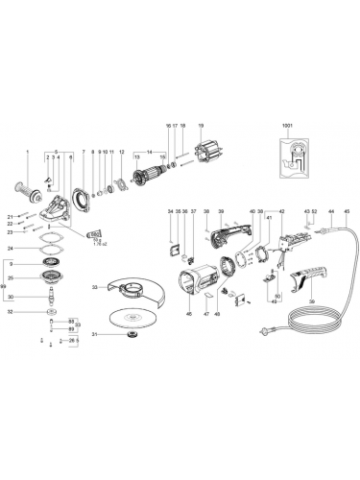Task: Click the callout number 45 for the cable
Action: click(x=347, y=210)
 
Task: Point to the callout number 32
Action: click(x=10, y=311)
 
